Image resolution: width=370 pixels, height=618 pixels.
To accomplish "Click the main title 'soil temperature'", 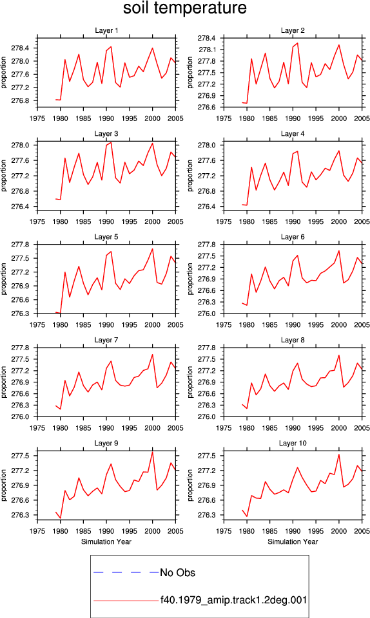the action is [x=185, y=8].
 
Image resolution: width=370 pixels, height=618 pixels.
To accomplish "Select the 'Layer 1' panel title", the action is [x=106, y=30].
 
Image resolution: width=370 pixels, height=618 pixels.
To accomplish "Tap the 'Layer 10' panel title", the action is [x=293, y=443].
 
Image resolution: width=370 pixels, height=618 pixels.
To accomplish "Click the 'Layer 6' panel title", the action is [x=293, y=236].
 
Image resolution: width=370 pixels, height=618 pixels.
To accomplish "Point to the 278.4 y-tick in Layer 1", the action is [x=20, y=48].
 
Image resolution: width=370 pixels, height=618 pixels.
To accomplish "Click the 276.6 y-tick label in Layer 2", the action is [x=207, y=108].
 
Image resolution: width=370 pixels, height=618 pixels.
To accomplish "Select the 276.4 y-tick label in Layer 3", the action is [x=20, y=207].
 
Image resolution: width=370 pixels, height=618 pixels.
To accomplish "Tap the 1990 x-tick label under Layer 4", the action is [x=293, y=221].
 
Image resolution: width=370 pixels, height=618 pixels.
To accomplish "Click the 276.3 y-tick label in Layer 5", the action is [x=20, y=314].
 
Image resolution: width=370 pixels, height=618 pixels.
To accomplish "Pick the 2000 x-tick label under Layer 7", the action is [x=152, y=428].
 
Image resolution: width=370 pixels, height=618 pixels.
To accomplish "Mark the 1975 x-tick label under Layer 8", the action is [x=224, y=428].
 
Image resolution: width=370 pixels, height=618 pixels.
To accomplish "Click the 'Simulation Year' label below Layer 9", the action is [x=106, y=541].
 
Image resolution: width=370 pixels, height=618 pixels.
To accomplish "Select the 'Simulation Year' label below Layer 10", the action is [x=293, y=541].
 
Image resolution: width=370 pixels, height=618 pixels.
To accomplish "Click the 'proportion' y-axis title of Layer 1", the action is [x=4, y=73].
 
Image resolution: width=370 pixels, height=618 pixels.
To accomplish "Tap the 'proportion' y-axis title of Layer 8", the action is [x=191, y=382].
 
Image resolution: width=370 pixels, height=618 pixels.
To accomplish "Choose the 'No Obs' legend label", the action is [x=177, y=573].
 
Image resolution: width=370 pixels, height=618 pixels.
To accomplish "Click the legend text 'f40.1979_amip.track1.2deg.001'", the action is [x=233, y=600].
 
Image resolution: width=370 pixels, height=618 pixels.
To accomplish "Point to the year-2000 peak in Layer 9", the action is [x=152, y=452].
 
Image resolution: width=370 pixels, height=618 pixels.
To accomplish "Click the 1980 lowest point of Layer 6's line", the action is [x=246, y=305].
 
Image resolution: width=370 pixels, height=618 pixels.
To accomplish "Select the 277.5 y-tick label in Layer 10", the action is [x=207, y=456].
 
